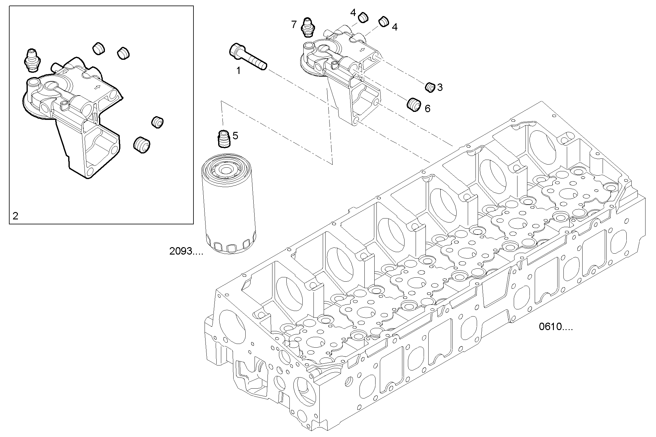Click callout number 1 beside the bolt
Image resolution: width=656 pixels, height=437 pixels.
tap(238, 71)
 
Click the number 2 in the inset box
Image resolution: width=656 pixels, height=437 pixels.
tap(15, 216)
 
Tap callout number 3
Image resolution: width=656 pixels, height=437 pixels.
tap(440, 88)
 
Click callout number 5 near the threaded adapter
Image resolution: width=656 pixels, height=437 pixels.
tap(235, 136)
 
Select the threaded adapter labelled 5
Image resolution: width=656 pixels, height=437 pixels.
tap(223, 140)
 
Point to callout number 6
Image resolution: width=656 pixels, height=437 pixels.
tap(427, 108)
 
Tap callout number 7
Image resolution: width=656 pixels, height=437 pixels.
tap(294, 24)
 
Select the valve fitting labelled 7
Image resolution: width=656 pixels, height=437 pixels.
tap(307, 26)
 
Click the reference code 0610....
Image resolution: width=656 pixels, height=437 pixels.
tap(556, 327)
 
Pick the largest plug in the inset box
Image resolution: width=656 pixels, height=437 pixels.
tap(142, 145)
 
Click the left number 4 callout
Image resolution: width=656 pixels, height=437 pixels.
tap(353, 13)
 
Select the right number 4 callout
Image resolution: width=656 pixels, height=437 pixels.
tap(394, 27)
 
